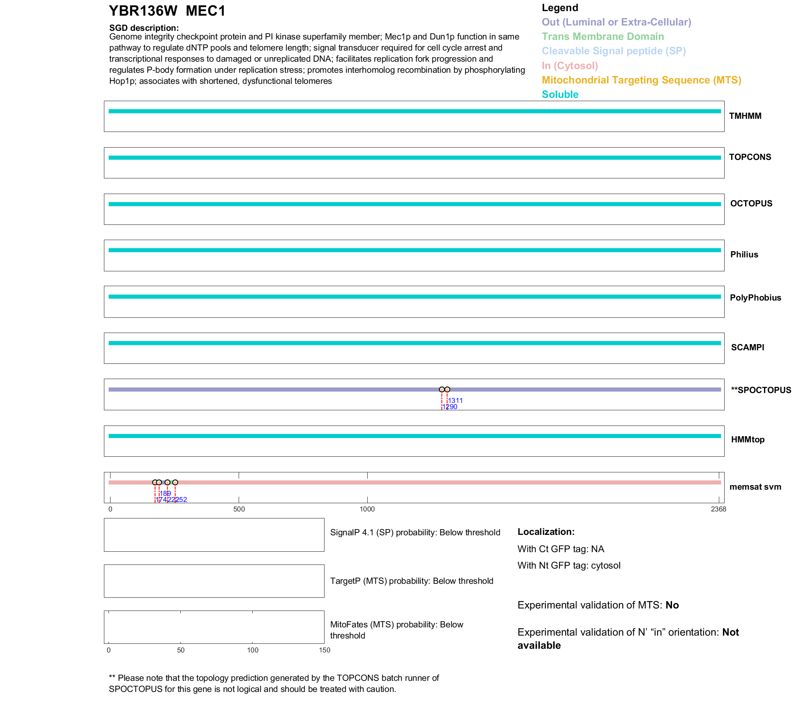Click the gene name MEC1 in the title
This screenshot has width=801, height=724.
click(x=205, y=11)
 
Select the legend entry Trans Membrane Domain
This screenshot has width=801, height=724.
click(x=603, y=37)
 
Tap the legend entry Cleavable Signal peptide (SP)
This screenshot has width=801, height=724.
click(x=614, y=51)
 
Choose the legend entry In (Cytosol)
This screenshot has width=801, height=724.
click(x=570, y=66)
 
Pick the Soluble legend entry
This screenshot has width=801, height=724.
click(x=560, y=95)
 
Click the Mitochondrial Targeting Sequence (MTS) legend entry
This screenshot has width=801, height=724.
click(x=641, y=80)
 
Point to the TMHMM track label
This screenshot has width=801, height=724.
click(x=745, y=116)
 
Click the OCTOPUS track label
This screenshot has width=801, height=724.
click(x=751, y=204)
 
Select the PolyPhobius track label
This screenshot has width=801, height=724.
click(x=755, y=298)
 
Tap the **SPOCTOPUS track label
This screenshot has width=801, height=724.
click(x=761, y=390)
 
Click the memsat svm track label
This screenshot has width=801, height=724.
click(x=755, y=487)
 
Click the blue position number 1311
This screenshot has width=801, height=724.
click(x=455, y=400)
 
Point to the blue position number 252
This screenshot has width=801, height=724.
click(x=182, y=500)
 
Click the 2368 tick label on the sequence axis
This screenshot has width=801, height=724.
click(x=718, y=509)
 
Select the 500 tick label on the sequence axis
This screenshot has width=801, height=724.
click(x=239, y=509)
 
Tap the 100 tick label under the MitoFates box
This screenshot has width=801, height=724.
click(x=253, y=650)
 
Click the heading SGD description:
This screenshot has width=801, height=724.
click(x=144, y=28)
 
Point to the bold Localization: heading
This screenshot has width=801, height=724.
click(x=546, y=532)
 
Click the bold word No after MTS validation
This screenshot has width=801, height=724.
click(x=672, y=605)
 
